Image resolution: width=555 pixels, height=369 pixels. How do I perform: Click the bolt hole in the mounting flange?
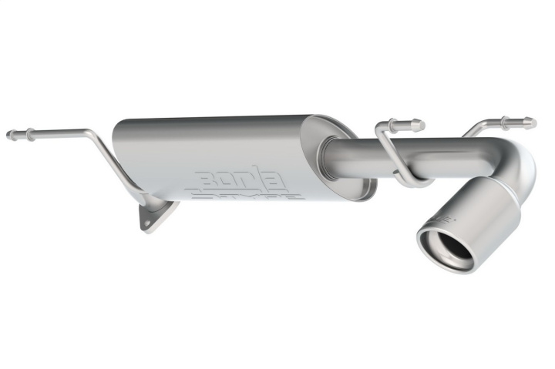(149, 216)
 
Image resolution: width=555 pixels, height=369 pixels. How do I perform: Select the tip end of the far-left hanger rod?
(10, 135)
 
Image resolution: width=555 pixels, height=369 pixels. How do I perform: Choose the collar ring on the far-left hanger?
(29, 134)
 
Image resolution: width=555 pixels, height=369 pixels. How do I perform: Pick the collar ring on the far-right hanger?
(505, 122)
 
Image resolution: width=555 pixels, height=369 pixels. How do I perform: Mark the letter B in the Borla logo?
(209, 179)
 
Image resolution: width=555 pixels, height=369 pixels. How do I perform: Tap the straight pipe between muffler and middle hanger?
(358, 158)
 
